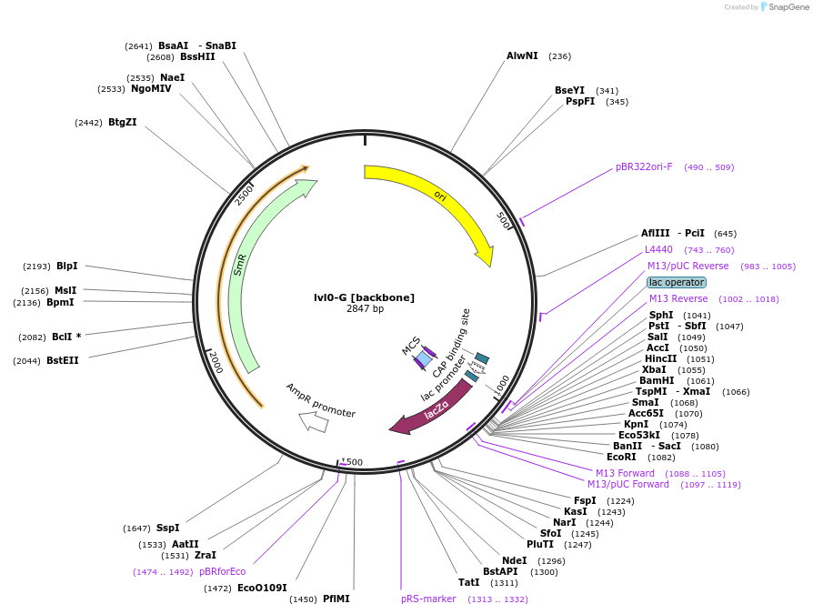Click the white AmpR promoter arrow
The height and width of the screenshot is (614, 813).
tap(314, 420)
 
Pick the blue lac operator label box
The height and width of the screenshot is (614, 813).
tap(676, 282)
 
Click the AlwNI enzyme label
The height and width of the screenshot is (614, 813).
tap(522, 55)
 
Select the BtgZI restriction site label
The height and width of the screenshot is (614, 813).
tap(122, 122)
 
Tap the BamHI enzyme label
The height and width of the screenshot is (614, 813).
tap(657, 380)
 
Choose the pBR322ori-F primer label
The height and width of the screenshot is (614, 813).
tap(644, 166)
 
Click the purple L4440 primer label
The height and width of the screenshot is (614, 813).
tap(658, 249)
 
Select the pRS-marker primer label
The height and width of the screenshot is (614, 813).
tap(428, 599)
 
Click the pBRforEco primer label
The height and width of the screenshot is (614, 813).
tap(222, 571)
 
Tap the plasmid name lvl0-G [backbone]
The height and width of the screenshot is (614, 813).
tap(364, 297)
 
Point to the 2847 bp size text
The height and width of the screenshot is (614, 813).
tap(365, 309)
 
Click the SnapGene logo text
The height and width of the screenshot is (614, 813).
tap(788, 6)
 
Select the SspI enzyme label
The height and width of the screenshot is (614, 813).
tap(167, 528)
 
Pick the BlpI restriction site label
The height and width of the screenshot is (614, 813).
tap(66, 266)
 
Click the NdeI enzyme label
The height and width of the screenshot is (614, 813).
tap(514, 560)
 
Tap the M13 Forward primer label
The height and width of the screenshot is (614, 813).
tap(625, 473)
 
